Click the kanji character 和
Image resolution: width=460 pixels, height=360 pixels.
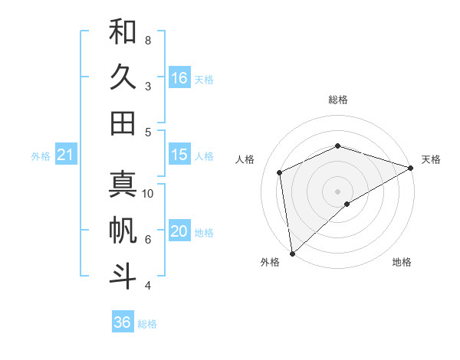click(x=123, y=31)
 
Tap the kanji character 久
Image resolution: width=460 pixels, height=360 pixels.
click(x=123, y=77)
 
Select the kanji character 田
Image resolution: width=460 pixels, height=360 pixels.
click(x=123, y=123)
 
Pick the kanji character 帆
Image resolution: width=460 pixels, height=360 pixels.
click(x=123, y=230)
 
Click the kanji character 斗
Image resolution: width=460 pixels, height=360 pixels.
click(x=123, y=276)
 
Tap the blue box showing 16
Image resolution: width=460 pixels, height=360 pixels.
click(x=179, y=77)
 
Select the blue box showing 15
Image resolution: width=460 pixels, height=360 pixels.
click(x=179, y=155)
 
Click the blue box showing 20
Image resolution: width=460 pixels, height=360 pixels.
click(x=179, y=231)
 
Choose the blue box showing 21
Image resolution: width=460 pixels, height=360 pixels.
click(x=66, y=155)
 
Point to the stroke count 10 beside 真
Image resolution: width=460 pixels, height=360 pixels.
click(x=148, y=193)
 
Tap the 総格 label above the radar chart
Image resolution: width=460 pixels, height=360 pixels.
click(x=337, y=100)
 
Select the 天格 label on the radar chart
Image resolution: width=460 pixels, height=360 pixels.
click(x=431, y=159)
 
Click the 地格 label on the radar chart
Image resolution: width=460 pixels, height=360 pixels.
click(x=402, y=263)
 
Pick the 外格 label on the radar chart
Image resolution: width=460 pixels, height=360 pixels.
click(x=270, y=263)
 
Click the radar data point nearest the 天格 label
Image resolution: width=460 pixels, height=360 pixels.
click(x=410, y=168)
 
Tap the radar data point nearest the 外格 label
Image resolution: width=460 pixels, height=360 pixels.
click(x=292, y=253)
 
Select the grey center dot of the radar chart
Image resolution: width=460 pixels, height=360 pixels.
click(x=337, y=190)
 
